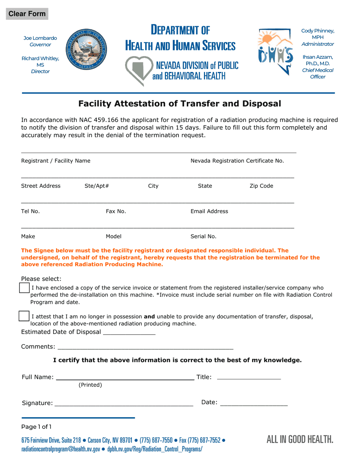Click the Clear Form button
(x=27, y=14)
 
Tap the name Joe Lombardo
(x=40, y=38)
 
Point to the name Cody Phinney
(x=318, y=31)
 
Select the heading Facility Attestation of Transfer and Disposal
(x=180, y=103)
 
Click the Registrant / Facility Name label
(x=56, y=161)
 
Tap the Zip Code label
(x=261, y=186)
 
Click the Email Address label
(x=209, y=211)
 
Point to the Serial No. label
(x=203, y=236)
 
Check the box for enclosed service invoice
(x=24, y=288)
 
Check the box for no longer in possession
(x=24, y=316)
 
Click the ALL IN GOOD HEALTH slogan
(x=300, y=439)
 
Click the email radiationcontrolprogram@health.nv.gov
(x=61, y=449)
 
